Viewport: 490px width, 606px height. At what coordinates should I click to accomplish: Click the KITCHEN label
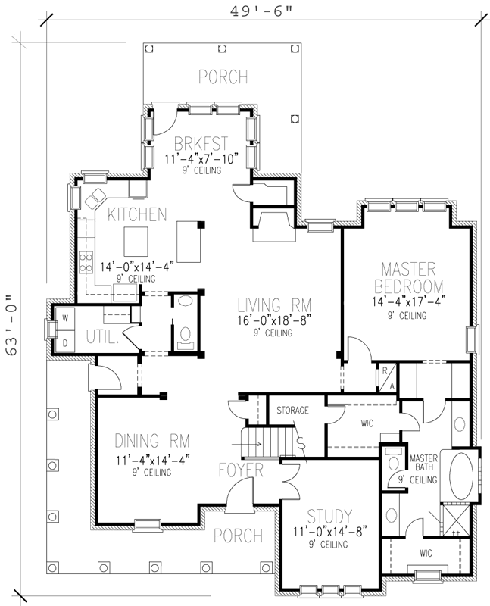click(136, 215)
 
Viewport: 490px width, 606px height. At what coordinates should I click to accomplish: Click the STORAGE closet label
click(292, 410)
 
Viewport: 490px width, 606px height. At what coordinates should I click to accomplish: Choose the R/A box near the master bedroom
click(384, 376)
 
